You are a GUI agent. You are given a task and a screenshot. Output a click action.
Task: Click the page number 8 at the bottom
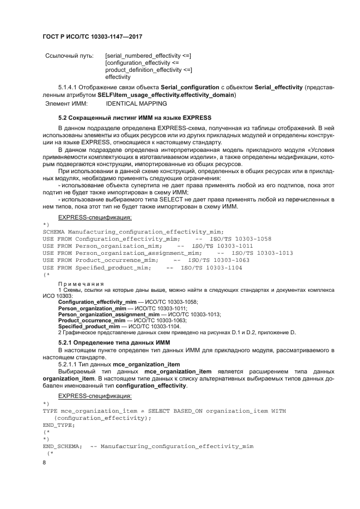coord(45,462)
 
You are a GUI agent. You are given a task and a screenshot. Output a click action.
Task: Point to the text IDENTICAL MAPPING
coord(136,103)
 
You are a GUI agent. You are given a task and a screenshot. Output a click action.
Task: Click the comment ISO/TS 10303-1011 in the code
coord(222,246)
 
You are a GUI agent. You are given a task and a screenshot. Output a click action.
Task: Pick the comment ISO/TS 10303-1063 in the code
coord(218,261)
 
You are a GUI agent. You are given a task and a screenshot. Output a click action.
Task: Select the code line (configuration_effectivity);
coord(102,418)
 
